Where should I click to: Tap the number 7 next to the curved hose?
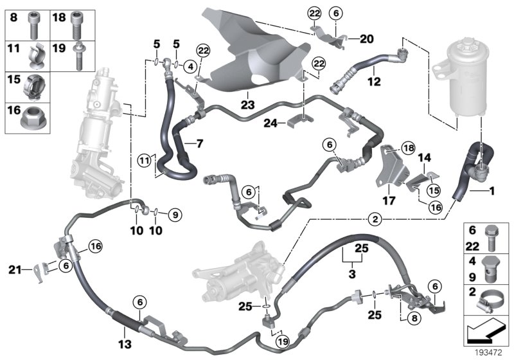coord(199,143)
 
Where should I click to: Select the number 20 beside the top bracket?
coord(366,38)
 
